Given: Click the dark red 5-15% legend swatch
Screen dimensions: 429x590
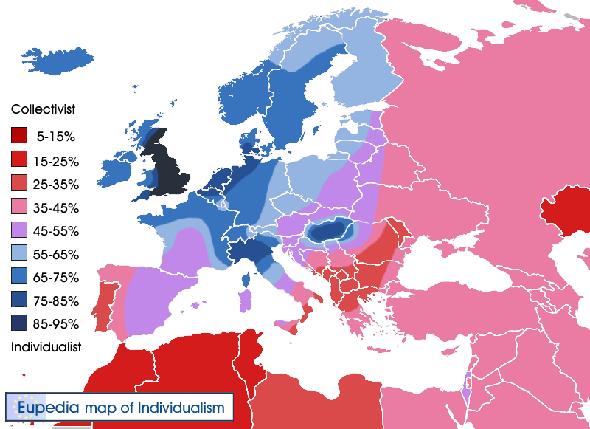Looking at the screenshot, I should (20, 136).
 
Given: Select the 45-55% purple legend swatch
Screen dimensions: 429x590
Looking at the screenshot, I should (20, 230).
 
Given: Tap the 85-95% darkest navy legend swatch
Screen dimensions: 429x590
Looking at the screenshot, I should (20, 323).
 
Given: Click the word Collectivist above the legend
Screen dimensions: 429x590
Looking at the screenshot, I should (44, 109).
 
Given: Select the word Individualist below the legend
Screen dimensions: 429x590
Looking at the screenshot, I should (46, 346).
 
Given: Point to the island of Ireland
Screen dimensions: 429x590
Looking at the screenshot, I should (118, 170).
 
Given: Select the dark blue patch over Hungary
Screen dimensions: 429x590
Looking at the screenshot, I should (330, 232).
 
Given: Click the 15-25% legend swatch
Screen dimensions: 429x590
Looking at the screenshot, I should (20, 159).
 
